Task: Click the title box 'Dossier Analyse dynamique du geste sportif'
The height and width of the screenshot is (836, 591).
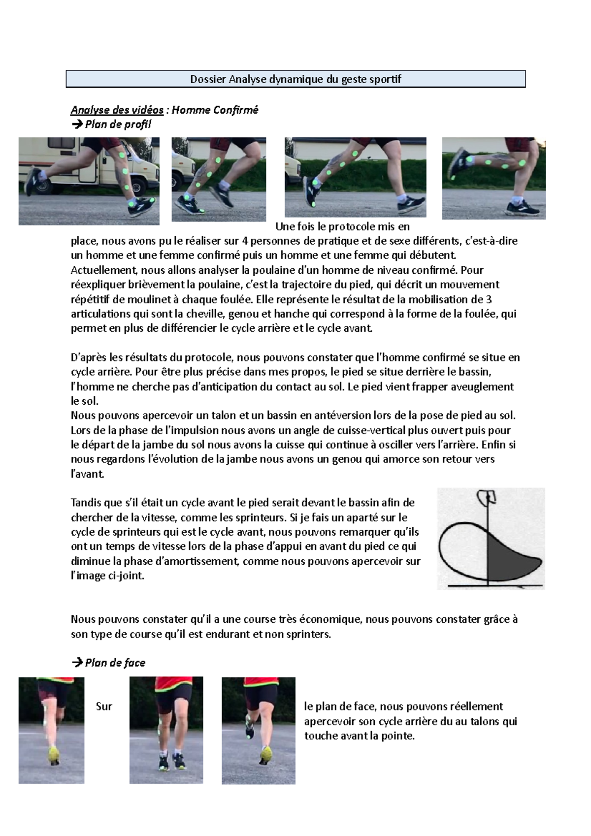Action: tap(295, 79)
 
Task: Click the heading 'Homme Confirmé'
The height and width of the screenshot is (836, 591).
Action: tap(215, 110)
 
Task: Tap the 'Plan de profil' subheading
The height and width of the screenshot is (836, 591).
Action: tap(117, 124)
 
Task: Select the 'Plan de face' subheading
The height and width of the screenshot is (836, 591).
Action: tap(114, 663)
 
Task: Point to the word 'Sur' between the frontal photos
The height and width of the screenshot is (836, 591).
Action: tap(104, 707)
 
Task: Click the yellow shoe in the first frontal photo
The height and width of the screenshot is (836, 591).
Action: tap(53, 753)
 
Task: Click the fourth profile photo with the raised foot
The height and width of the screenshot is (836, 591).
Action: tap(493, 178)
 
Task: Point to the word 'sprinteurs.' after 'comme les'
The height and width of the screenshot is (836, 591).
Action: tap(259, 517)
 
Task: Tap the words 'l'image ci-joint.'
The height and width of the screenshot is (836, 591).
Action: tap(107, 576)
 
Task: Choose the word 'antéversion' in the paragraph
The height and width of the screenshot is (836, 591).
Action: tap(343, 416)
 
